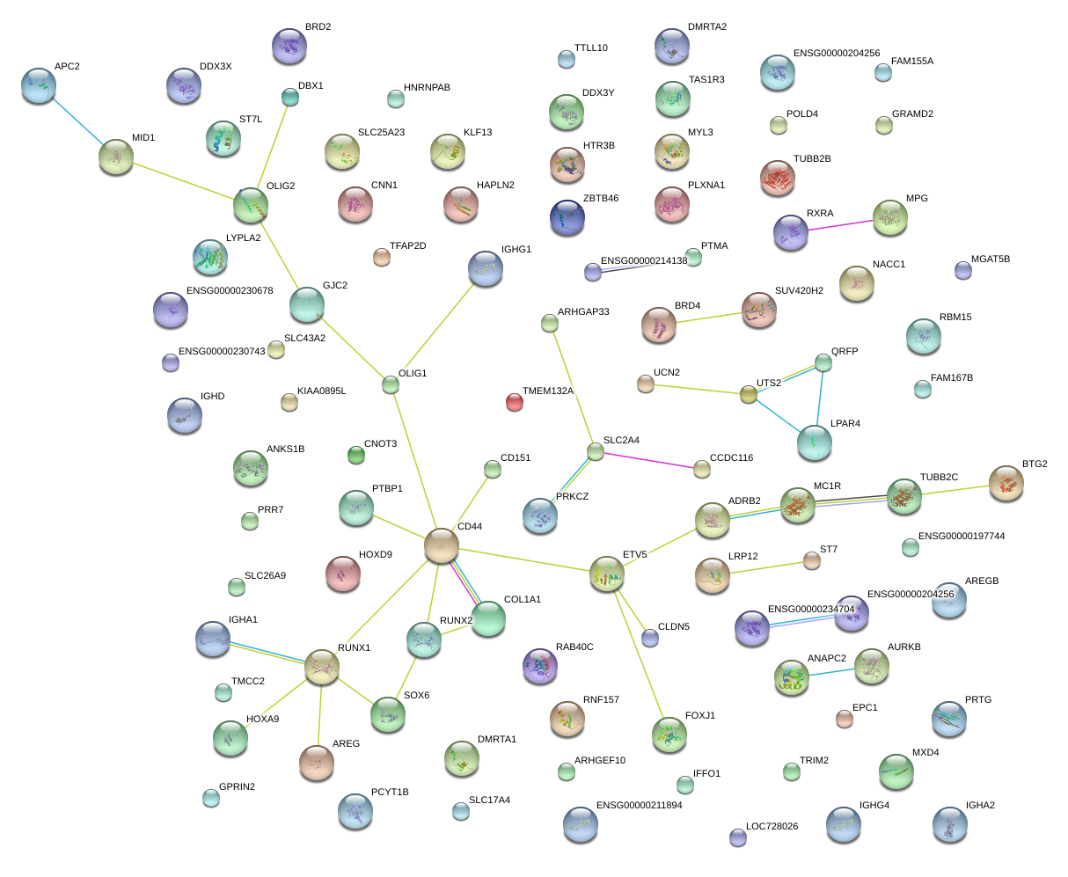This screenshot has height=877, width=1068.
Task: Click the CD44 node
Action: click(x=442, y=546)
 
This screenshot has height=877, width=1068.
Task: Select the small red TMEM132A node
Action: click(x=515, y=403)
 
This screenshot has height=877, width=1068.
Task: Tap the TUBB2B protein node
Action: click(x=778, y=177)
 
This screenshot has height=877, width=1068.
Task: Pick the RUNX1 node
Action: click(x=322, y=668)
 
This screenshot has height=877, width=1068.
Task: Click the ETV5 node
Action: click(x=607, y=574)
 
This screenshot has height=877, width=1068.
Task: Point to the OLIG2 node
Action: click(x=251, y=205)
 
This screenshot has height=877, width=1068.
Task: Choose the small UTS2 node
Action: click(x=749, y=395)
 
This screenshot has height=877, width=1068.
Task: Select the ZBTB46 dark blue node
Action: click(x=567, y=217)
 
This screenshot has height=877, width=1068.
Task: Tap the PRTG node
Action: click(x=949, y=719)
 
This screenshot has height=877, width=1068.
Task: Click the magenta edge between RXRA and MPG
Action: click(x=840, y=224)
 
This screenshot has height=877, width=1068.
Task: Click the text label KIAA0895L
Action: click(x=321, y=391)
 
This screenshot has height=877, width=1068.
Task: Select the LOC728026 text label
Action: click(x=772, y=827)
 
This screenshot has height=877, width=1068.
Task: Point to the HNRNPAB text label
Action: click(x=427, y=88)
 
